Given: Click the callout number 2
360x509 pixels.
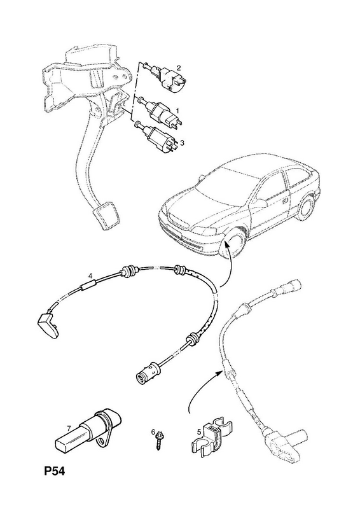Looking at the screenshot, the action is point(179,68).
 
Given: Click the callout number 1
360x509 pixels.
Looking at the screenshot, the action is point(177,111).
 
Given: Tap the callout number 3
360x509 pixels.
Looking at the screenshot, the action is point(182,143).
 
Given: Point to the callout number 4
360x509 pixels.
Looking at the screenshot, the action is point(91,275).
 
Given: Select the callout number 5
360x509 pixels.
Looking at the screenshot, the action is point(198,433).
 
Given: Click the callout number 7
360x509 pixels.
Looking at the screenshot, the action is point(69,428).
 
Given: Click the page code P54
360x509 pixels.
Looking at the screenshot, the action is point(55,471).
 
